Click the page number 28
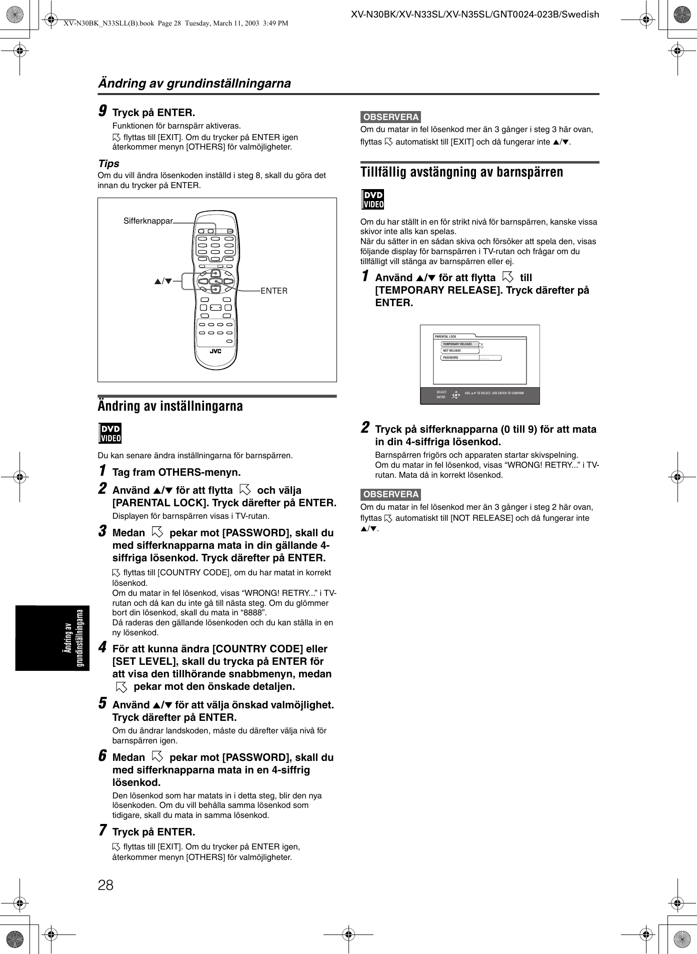click(x=105, y=885)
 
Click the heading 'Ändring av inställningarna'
click(x=170, y=406)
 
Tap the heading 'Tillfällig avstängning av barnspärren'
click(x=461, y=172)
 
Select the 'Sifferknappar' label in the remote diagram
click(x=148, y=221)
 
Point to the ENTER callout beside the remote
click(x=274, y=291)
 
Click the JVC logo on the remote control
click(x=215, y=351)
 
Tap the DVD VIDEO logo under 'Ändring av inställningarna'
click(x=110, y=433)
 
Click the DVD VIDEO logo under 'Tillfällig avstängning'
click(x=372, y=199)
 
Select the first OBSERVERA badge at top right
click(x=391, y=117)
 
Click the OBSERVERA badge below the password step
click(x=391, y=494)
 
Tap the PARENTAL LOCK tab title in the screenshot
click(x=446, y=337)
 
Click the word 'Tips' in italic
click(x=108, y=164)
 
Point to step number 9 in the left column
click(x=102, y=111)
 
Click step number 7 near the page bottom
click(x=102, y=830)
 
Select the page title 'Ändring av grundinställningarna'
click(x=194, y=83)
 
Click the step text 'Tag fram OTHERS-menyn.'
click(x=176, y=472)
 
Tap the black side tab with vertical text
click(x=52, y=638)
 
